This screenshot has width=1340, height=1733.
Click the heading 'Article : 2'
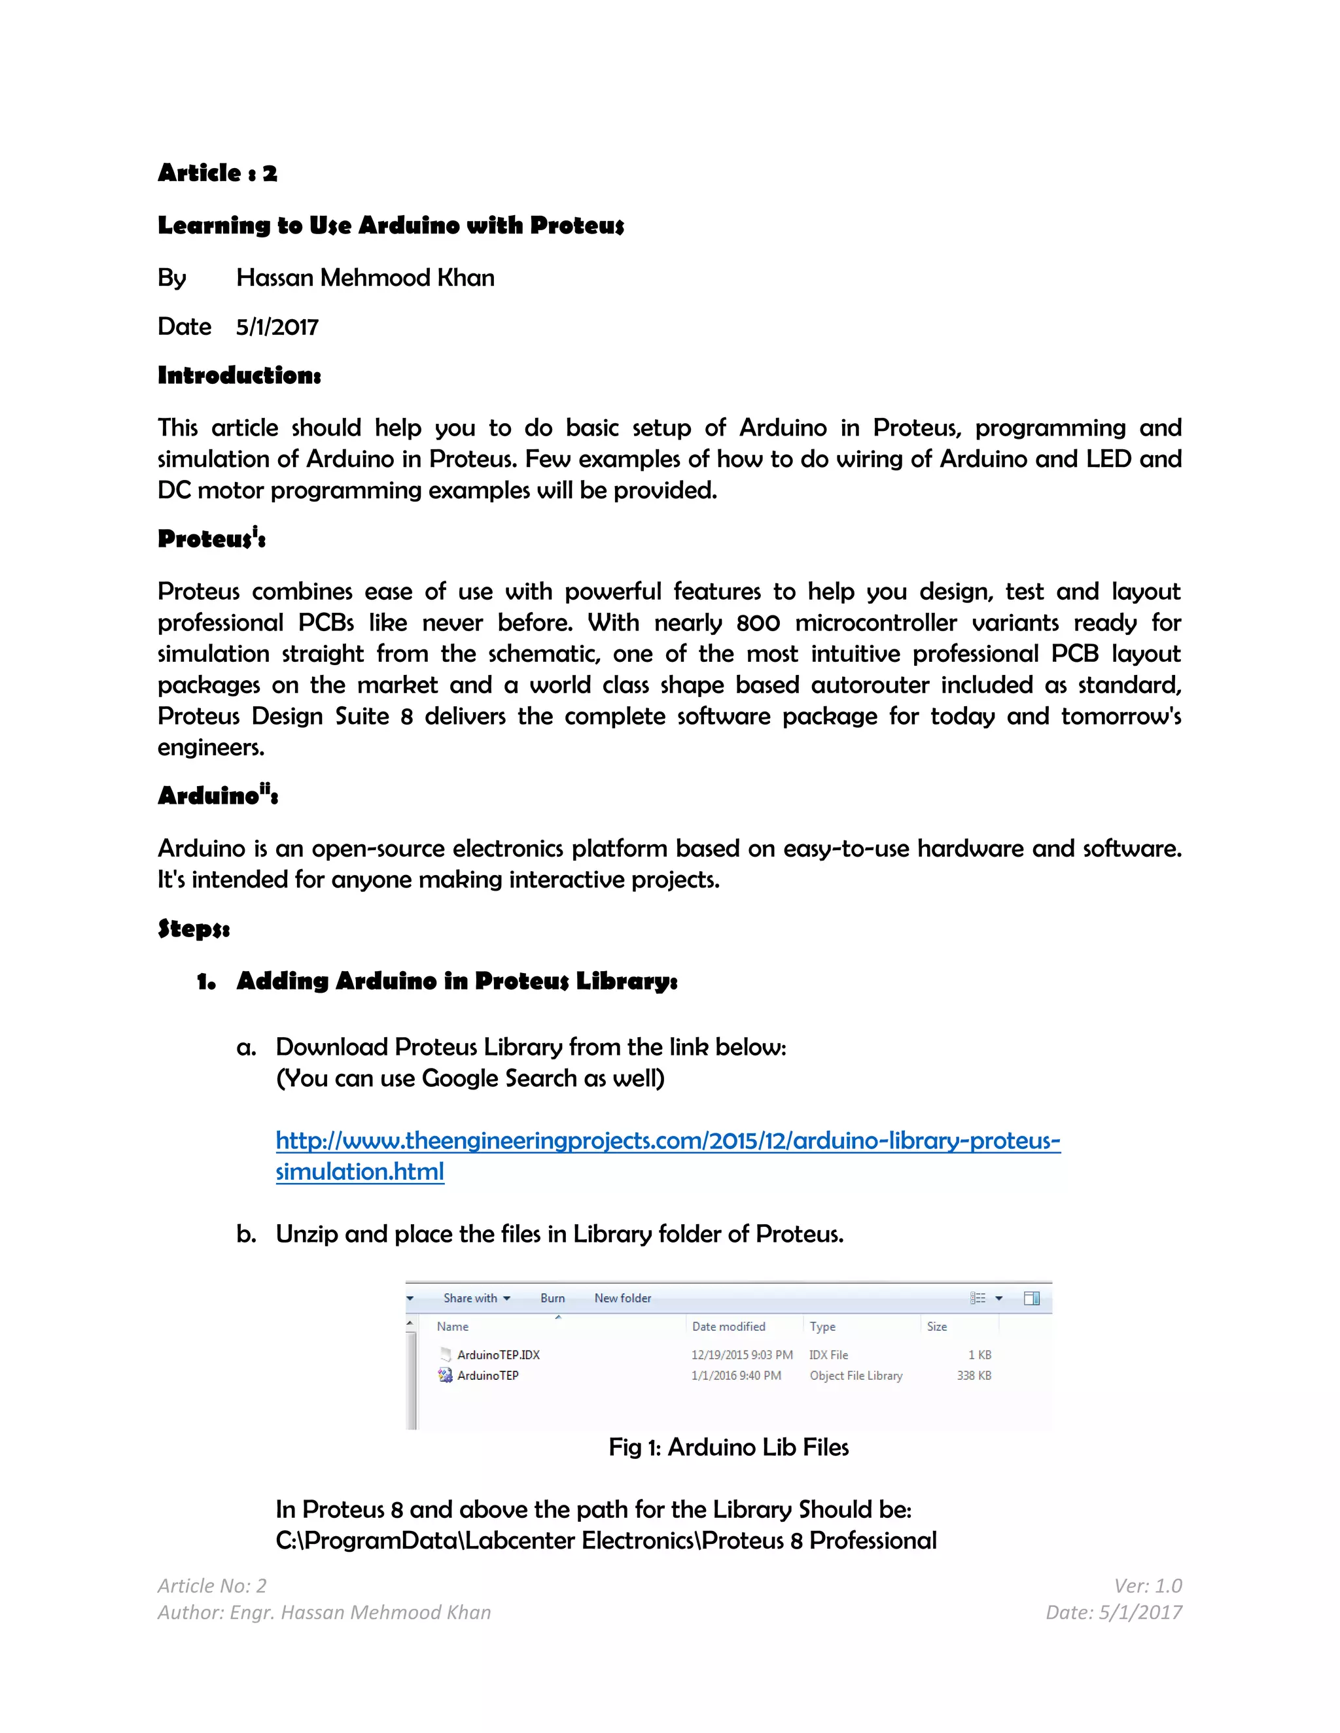tap(217, 173)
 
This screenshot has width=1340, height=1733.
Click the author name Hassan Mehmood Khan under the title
tap(365, 278)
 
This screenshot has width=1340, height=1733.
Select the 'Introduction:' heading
tap(239, 375)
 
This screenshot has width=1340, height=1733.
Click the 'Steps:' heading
tap(194, 929)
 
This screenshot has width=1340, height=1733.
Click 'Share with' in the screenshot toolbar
tap(470, 1298)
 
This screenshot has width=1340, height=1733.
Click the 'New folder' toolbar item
tap(622, 1298)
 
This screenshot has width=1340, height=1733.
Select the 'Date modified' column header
tap(728, 1327)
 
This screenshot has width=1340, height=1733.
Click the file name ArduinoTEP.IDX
tap(498, 1355)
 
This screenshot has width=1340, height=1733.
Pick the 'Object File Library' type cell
tap(856, 1376)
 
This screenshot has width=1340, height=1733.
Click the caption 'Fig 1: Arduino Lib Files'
tap(728, 1447)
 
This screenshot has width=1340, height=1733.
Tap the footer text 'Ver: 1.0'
tap(1147, 1585)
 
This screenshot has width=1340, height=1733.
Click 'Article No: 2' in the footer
tap(212, 1585)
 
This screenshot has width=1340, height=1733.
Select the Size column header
tap(937, 1327)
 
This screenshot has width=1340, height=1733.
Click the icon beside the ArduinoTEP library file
tap(446, 1376)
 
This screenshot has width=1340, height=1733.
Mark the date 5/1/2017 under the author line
tap(277, 327)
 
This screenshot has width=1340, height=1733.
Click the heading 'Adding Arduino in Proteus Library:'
tap(457, 982)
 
